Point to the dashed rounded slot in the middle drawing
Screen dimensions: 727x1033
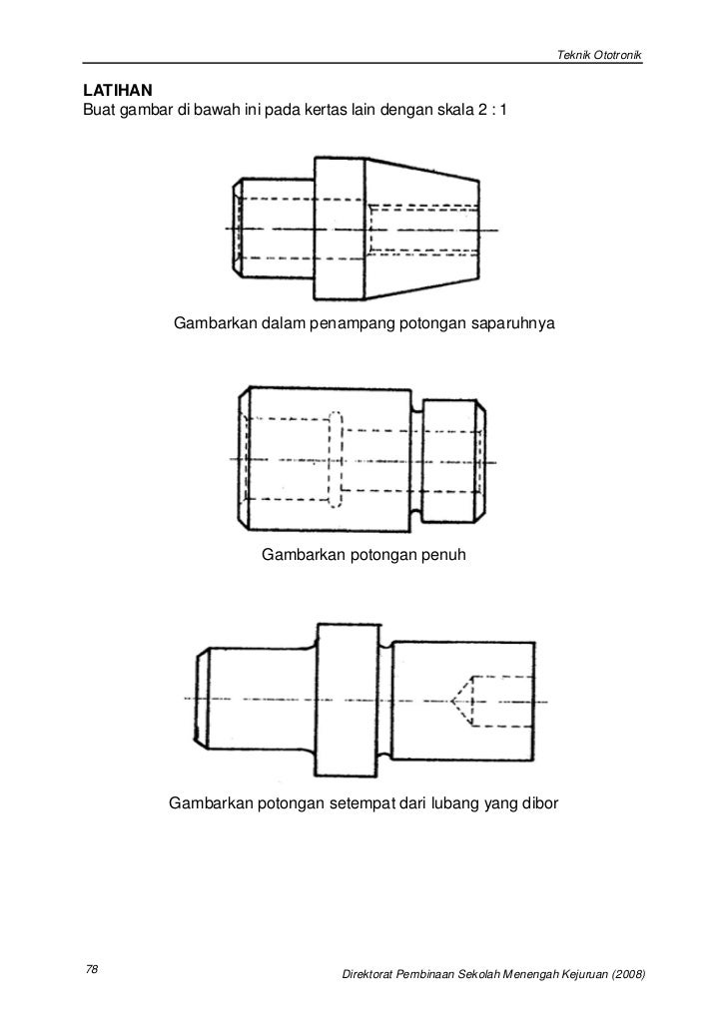tap(335, 458)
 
